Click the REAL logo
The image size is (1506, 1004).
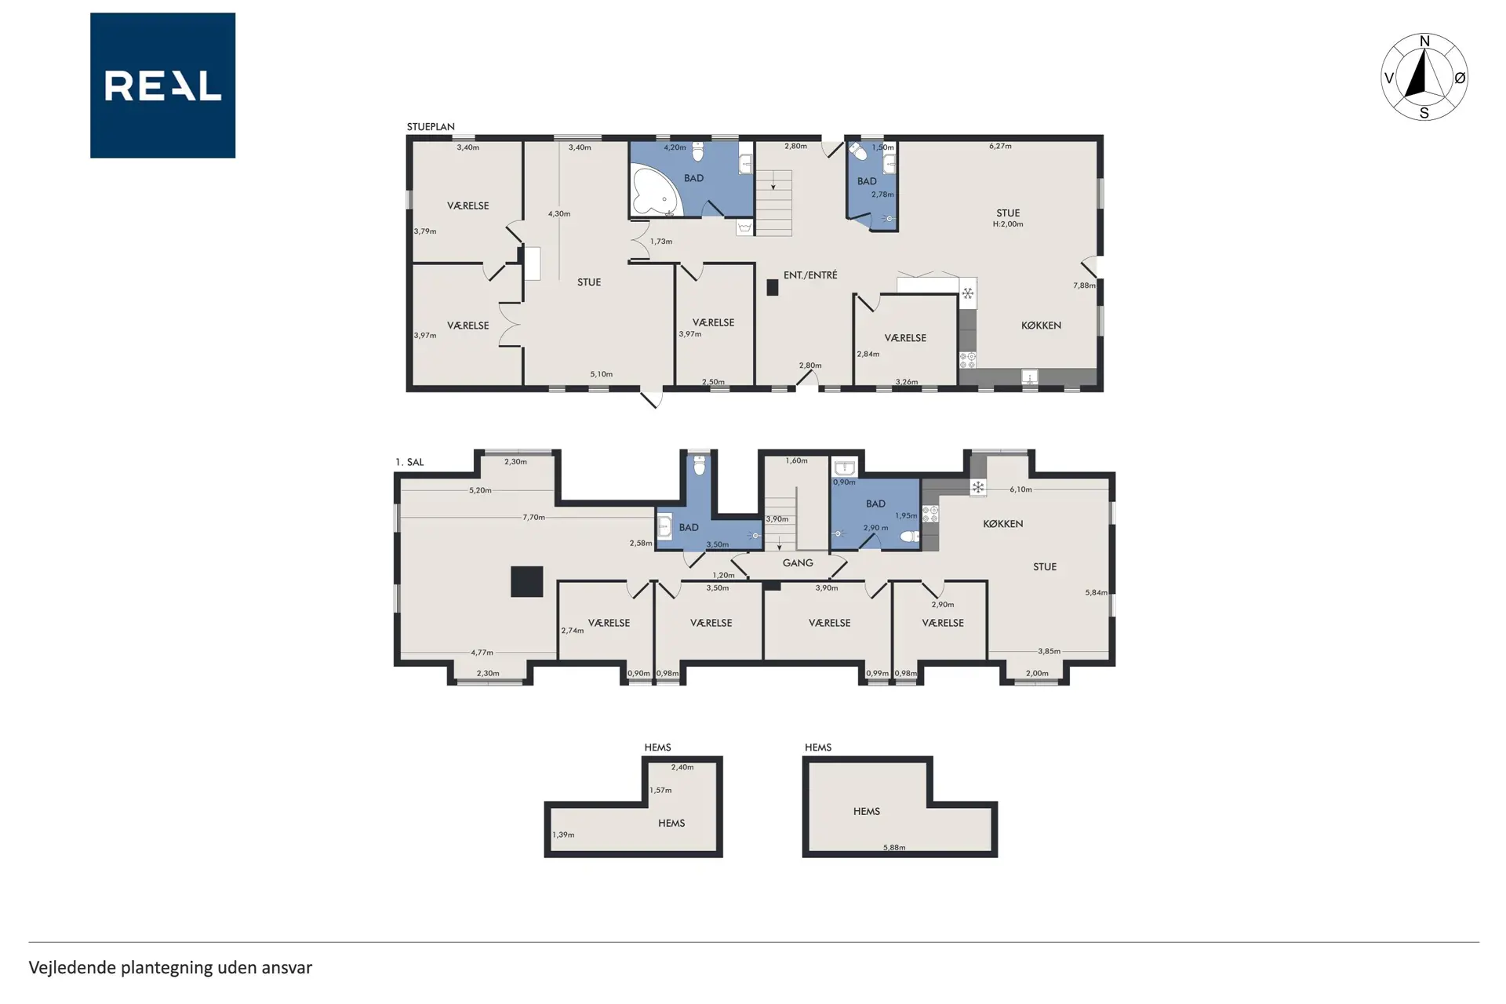point(162,85)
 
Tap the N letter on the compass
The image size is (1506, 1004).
point(1424,42)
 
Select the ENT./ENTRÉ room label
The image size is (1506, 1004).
point(810,275)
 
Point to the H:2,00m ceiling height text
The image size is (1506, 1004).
point(1008,224)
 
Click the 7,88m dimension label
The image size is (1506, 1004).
point(1084,286)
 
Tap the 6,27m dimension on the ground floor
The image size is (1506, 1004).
point(1000,146)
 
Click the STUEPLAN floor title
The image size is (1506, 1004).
point(431,126)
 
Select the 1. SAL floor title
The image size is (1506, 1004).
point(409,462)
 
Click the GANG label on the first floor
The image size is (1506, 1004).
point(798,563)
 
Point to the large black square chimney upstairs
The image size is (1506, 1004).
point(527,582)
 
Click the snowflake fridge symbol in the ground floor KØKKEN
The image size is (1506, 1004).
point(968,293)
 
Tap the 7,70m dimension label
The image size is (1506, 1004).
point(533,518)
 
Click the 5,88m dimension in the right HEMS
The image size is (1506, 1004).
point(894,847)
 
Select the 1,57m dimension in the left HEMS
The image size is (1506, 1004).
point(660,790)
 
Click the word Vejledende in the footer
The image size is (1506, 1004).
point(73,968)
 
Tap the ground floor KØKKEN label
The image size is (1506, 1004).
point(1041,326)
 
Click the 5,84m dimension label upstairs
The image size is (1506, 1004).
point(1096,593)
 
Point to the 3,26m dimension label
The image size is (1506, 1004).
point(907,382)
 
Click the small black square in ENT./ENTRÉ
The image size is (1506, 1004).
point(773,288)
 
